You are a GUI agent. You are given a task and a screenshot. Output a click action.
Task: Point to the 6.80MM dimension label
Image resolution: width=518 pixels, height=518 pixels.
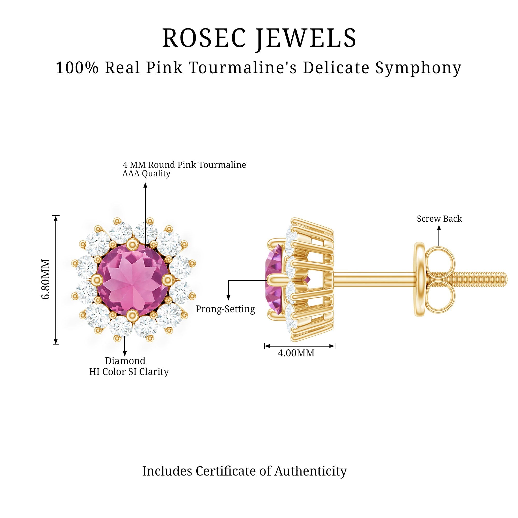(46, 279)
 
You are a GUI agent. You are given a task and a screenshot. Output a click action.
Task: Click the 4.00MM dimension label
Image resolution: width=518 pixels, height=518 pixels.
(296, 353)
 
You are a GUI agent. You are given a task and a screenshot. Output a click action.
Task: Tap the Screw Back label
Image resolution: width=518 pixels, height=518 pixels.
(439, 219)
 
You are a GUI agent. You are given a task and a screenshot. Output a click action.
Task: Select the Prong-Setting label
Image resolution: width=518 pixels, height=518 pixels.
(225, 309)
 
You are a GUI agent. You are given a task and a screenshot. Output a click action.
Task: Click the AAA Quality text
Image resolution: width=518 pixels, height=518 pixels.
(146, 174)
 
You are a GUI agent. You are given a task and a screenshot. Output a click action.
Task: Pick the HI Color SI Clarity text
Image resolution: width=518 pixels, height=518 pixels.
(129, 372)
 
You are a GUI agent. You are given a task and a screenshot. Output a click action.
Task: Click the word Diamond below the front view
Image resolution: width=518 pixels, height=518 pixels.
(125, 361)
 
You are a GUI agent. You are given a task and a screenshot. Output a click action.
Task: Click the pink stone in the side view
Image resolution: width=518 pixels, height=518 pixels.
(273, 279)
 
